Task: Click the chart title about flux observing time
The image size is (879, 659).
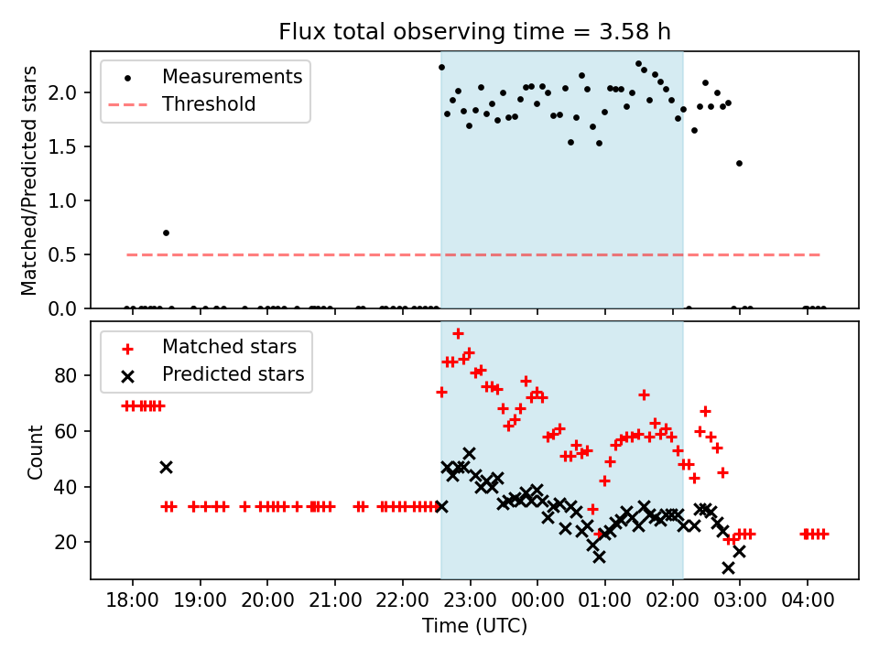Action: [x=474, y=32]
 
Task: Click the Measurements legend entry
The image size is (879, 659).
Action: [x=232, y=77]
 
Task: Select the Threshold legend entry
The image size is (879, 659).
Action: [x=209, y=104]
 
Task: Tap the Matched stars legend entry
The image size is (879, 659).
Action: [x=229, y=347]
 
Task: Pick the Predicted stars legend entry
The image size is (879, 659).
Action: [x=233, y=374]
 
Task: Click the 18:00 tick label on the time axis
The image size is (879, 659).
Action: [x=133, y=603]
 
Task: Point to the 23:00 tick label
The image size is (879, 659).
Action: [x=471, y=603]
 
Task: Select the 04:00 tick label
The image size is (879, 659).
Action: [x=808, y=603]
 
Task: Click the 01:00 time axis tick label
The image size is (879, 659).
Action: [x=605, y=603]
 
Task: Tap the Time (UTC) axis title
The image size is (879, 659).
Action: [x=474, y=627]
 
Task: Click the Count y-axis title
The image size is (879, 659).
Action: [x=36, y=451]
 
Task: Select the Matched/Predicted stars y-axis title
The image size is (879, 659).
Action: [x=30, y=180]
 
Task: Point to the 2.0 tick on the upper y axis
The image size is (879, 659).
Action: [x=68, y=92]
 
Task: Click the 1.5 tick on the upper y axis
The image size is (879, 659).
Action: [x=68, y=146]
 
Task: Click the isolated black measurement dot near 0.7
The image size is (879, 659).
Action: [x=166, y=232]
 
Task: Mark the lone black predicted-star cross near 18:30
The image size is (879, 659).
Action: [x=166, y=467]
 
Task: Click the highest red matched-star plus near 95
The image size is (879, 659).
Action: [x=458, y=333]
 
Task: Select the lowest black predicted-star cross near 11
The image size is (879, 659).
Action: [x=728, y=567]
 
